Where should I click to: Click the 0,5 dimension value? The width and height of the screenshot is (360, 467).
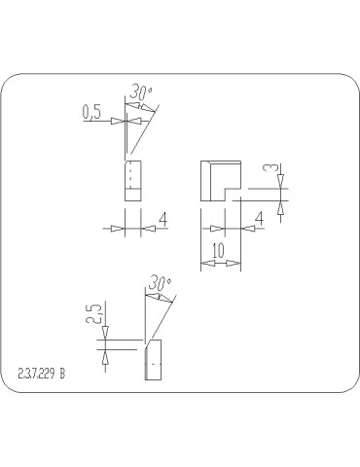pyautogui.click(x=91, y=112)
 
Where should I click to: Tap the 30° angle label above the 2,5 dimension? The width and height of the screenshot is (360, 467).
pyautogui.click(x=160, y=283)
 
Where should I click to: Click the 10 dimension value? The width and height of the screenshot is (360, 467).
pyautogui.click(x=219, y=250)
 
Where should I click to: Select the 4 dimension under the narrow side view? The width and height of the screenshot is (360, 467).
pyautogui.click(x=163, y=219)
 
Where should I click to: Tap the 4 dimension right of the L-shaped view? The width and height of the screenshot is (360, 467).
pyautogui.click(x=260, y=219)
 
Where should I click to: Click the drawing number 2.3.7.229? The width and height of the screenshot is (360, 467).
pyautogui.click(x=36, y=374)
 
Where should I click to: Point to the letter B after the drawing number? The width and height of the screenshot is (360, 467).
pyautogui.click(x=62, y=374)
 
